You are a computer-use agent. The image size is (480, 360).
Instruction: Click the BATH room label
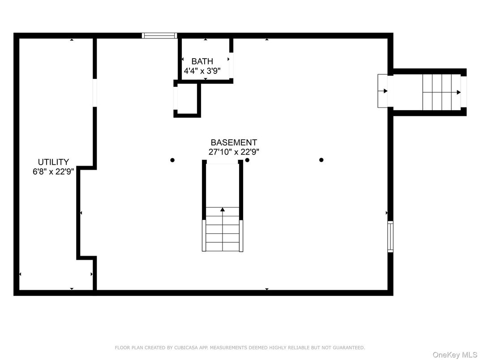[202, 61]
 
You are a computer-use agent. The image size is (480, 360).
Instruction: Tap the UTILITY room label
[53, 162]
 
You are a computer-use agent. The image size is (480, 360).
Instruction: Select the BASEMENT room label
[234, 142]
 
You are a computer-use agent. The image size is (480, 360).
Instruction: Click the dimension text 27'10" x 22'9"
[234, 152]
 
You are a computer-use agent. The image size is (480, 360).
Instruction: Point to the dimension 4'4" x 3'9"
[202, 71]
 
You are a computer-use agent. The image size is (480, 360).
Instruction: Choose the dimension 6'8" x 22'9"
[53, 171]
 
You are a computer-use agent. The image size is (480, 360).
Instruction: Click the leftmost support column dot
[172, 160]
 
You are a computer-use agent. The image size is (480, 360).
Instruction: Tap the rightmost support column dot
[321, 160]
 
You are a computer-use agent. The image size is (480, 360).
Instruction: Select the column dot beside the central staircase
[247, 160]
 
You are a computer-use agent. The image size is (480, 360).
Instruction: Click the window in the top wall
[159, 35]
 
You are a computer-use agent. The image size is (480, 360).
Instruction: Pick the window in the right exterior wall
[390, 236]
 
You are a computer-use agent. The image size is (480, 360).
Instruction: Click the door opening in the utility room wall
[94, 93]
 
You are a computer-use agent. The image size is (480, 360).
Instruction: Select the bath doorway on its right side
[231, 65]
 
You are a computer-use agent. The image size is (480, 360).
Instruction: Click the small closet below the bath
[186, 99]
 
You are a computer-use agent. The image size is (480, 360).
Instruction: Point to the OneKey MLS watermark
[454, 355]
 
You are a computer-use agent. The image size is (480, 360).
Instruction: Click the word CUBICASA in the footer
[185, 347]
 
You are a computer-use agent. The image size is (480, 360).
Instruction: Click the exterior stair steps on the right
[442, 92]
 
